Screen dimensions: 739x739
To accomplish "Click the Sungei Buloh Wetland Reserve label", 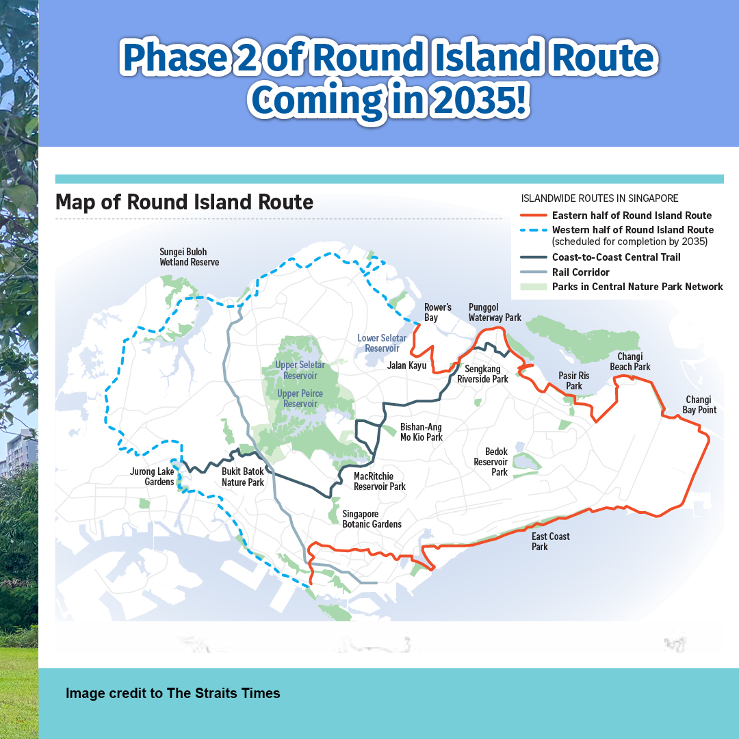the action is point(189,257).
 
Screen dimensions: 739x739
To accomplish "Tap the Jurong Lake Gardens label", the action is point(152,476).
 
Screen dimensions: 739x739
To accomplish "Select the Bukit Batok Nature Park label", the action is point(243,477).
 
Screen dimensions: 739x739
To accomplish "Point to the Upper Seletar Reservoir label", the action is point(300,370).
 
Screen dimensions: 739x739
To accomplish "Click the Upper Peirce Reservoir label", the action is point(300,399).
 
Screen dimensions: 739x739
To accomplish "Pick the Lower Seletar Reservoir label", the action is point(381,343).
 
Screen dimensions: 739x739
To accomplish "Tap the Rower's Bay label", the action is point(437,313).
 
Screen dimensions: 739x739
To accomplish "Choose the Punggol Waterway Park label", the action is point(495,313).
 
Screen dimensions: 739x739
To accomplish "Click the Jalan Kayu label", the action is point(406,365).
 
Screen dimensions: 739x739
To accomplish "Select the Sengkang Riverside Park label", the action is point(482,374).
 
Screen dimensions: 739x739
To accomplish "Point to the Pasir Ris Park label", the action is point(573,381).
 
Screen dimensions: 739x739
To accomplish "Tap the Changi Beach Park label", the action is point(630,361).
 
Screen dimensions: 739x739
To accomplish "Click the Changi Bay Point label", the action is point(699,405).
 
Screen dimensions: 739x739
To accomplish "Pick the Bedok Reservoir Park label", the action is point(491,462).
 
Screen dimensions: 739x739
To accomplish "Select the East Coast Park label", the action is point(550,541).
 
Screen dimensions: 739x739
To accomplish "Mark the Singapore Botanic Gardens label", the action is point(372,519).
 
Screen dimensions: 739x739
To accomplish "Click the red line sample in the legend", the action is point(534,216).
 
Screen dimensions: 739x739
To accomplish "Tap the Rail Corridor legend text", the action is point(581,272).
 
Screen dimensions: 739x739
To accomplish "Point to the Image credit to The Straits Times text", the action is point(173,693).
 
